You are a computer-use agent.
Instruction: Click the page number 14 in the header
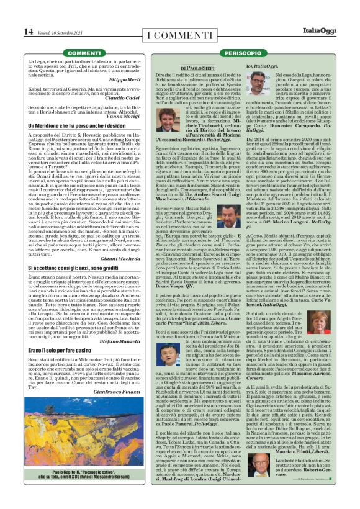click(29, 31)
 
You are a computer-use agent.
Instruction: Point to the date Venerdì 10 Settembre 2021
click(61, 32)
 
